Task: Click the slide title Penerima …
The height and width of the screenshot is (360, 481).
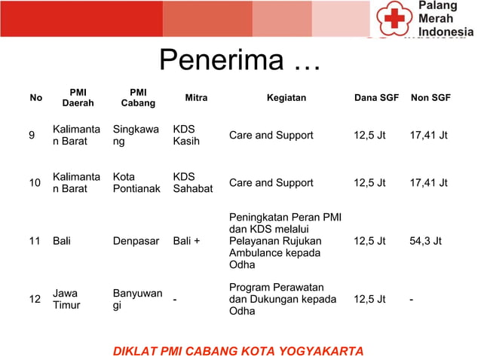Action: point(240,61)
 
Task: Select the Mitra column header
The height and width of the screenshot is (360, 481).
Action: point(196,98)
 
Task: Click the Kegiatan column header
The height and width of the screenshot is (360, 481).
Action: point(286,98)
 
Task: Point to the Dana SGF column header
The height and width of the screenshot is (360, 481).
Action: point(376,98)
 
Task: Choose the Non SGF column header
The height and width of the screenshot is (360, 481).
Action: point(430,98)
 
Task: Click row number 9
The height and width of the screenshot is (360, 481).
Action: point(32,136)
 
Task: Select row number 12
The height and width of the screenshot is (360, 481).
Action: point(35,300)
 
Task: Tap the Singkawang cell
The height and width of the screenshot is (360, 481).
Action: point(136,136)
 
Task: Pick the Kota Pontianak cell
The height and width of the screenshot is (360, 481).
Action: point(136,183)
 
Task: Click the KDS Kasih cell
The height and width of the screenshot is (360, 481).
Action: point(186,136)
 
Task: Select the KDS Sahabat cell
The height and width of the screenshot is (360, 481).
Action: point(193,183)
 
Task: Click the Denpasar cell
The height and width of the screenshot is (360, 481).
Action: point(136,242)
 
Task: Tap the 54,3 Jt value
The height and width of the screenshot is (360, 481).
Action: point(426,242)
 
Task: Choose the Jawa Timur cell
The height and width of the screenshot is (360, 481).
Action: point(66,300)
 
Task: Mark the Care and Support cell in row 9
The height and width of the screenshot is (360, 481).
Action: point(271,136)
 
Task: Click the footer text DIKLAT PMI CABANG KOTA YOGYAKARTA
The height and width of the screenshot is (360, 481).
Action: point(238,351)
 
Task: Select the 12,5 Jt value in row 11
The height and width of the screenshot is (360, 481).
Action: point(369,242)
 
